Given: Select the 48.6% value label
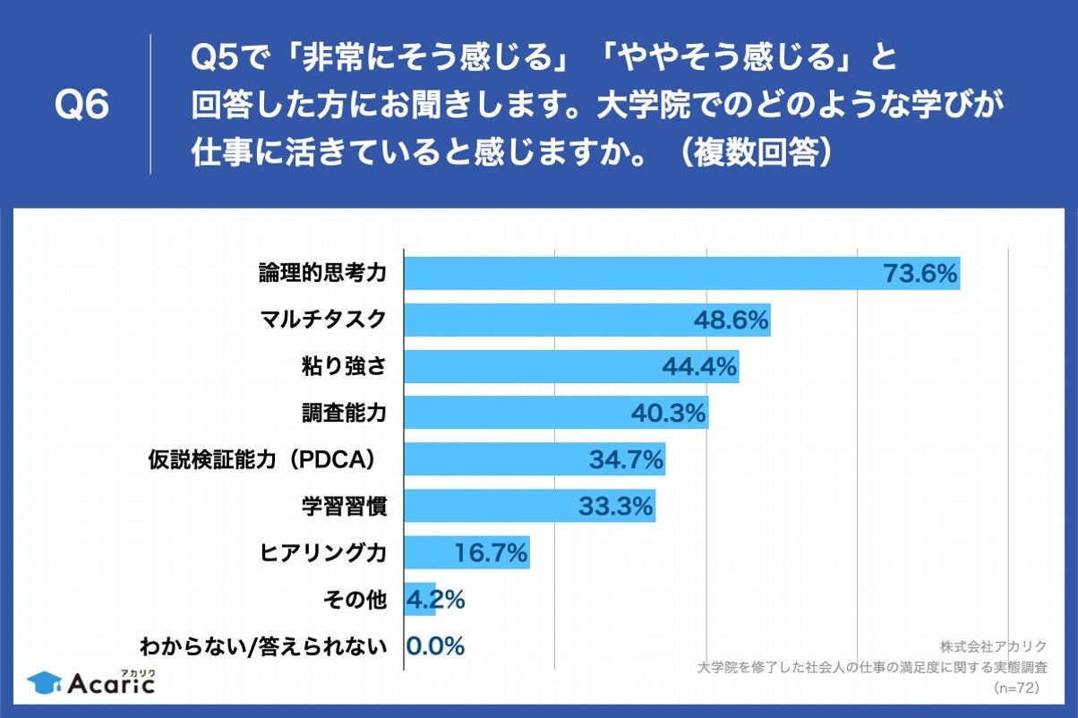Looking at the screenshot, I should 731,321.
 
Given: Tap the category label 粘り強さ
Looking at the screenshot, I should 344,366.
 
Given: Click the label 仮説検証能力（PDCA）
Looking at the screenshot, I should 266,459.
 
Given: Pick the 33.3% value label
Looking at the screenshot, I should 615,507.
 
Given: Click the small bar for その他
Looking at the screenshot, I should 419,599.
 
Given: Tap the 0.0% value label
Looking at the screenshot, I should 436,645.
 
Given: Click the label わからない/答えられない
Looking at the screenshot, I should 263,645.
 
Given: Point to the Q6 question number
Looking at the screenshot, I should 81,106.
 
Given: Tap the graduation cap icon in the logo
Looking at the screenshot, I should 44,684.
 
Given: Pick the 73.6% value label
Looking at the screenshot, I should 920,274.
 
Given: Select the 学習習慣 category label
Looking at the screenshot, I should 344,506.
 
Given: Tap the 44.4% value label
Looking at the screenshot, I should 698,367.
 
